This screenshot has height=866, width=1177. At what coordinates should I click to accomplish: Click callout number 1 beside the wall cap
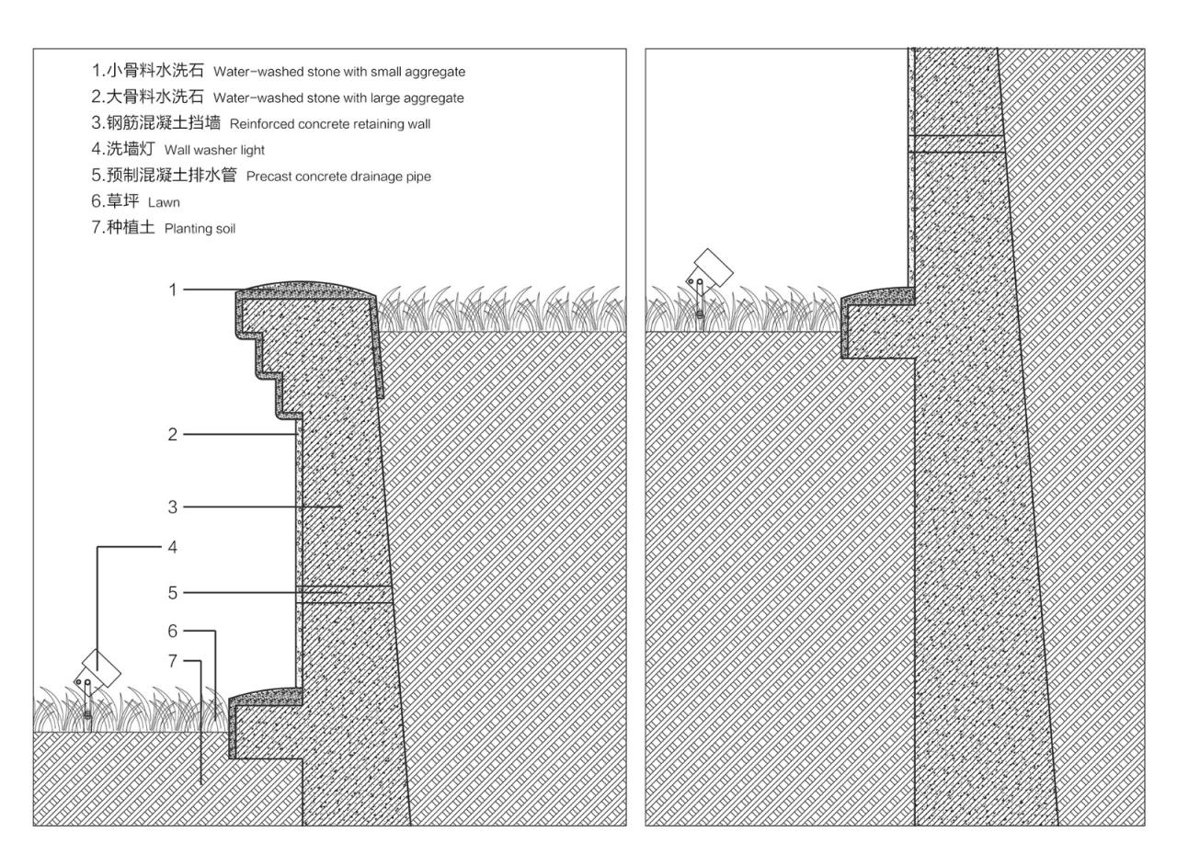point(172,290)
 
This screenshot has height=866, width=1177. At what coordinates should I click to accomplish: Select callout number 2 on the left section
point(172,435)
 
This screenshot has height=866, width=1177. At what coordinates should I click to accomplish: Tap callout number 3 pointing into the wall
point(172,507)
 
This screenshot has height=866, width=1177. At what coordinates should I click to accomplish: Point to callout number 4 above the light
point(172,547)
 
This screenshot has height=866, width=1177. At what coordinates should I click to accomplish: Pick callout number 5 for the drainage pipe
point(172,593)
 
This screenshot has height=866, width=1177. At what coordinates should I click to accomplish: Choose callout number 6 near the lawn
point(172,632)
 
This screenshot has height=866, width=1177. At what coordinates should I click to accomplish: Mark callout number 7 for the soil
point(172,661)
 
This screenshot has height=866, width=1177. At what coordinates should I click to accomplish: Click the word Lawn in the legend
point(164,202)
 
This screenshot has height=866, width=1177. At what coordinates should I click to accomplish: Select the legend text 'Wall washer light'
point(214,150)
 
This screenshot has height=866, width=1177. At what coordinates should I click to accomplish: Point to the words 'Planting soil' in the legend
point(200,229)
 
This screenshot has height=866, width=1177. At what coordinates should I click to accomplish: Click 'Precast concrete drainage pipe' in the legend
point(337,177)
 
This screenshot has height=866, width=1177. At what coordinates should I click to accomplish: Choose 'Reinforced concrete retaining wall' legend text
point(329,124)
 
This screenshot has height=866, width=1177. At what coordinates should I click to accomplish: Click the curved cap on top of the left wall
point(305,289)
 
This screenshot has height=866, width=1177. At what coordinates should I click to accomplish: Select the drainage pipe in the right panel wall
point(956,142)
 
